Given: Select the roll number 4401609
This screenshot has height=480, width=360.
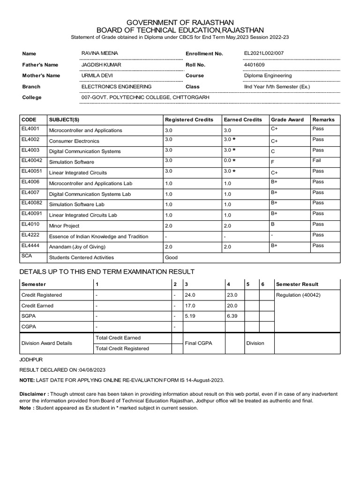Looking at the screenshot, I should coord(255,65).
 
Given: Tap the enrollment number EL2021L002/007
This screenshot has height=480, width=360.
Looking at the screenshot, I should coord(263,54).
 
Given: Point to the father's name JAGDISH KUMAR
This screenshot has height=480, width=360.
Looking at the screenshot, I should coord(101,65).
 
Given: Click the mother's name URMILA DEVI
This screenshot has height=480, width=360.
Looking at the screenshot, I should coord(97,75).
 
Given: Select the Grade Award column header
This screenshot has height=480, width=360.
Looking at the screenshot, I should coord(287,120).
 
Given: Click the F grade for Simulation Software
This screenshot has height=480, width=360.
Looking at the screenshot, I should coord(273,162).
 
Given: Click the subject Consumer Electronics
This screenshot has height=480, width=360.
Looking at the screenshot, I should coord(74,141).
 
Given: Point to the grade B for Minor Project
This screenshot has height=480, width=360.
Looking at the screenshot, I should coord(273,225).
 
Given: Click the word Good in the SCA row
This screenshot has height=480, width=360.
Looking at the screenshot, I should coord(171,257).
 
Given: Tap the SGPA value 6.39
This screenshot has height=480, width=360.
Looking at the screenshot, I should coord(232,316).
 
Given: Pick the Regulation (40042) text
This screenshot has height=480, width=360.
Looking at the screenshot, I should coord(299,295).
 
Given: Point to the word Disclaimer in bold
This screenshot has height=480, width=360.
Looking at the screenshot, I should coord(35,394).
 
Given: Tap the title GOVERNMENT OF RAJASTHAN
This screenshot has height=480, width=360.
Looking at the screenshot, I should coord(180,23).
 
